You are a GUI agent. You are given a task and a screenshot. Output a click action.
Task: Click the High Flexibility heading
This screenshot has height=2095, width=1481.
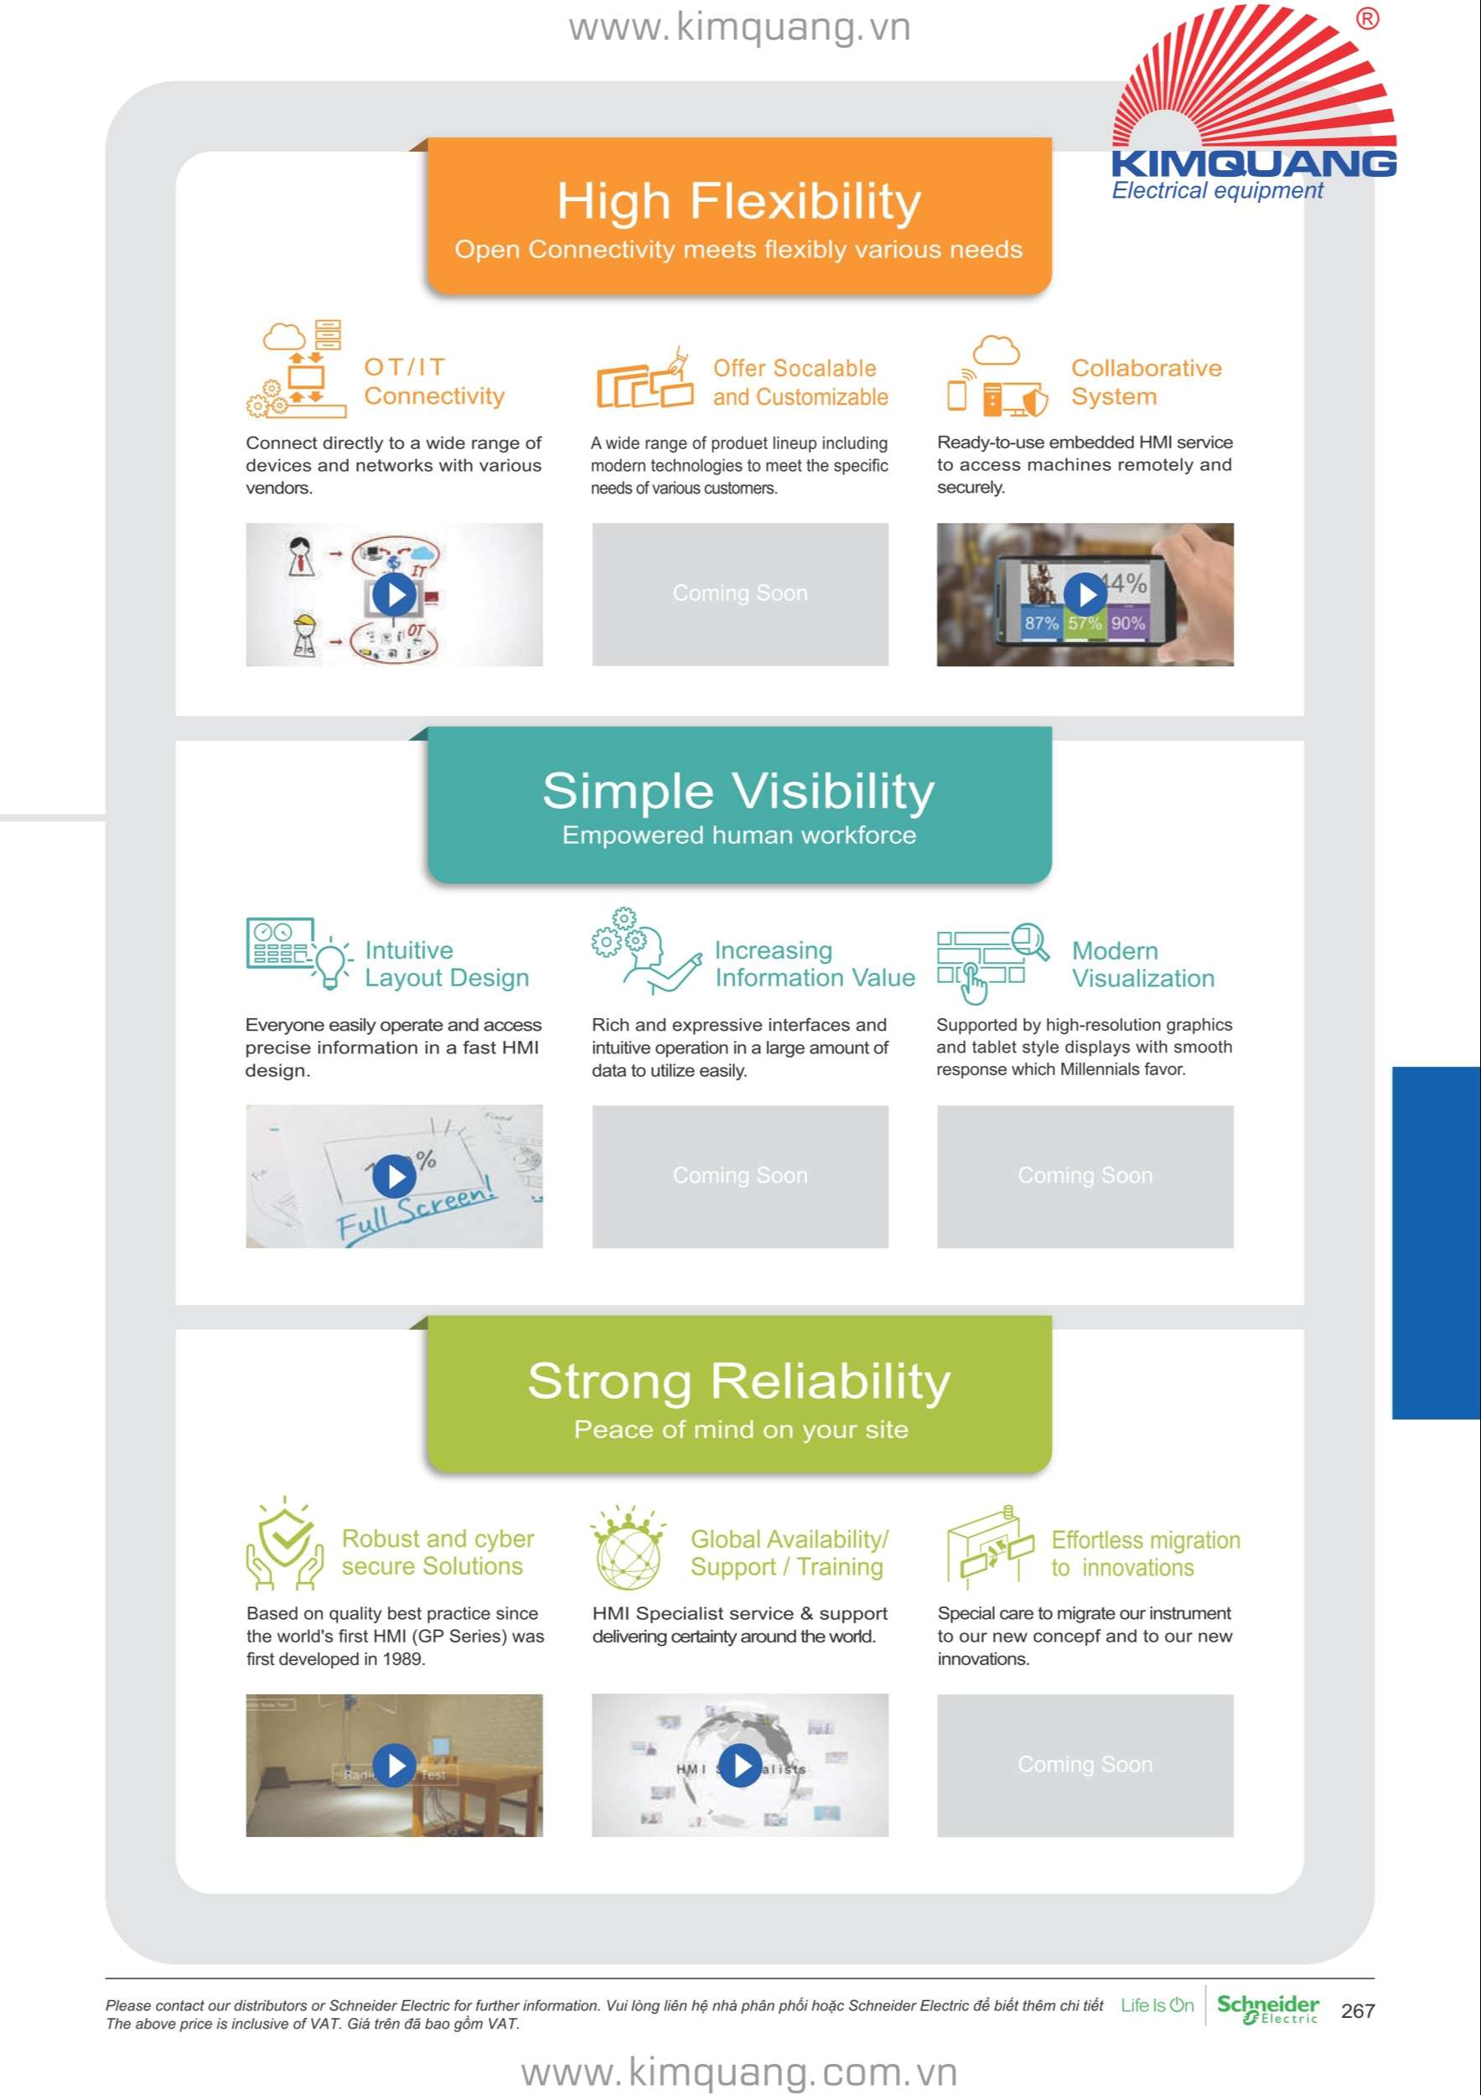739,202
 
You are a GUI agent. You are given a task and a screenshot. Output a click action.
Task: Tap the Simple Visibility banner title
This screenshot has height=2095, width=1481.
739,790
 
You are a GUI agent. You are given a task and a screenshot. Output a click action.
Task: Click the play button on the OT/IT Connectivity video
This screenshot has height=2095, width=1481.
394,595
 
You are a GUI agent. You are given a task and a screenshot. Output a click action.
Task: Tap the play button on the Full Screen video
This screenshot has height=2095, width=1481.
394,1177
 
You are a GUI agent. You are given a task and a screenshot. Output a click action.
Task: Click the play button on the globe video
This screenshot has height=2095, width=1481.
740,1766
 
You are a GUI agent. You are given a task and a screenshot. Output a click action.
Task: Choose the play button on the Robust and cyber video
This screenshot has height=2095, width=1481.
394,1766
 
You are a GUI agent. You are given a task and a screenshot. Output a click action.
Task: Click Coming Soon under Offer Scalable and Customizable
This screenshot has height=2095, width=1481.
740,593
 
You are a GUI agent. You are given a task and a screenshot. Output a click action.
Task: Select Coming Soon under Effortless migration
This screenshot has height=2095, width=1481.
1085,1765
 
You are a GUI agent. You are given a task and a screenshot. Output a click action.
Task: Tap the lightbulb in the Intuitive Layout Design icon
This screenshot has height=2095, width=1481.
331,964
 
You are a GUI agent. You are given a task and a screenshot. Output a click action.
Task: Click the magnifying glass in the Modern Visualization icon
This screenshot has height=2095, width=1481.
1031,941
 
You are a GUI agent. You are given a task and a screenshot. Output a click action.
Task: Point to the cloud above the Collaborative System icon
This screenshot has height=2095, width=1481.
997,350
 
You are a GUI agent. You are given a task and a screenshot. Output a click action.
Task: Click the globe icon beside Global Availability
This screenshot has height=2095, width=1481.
628,1560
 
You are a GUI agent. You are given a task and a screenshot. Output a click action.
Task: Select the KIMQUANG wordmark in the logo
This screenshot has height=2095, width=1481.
1254,164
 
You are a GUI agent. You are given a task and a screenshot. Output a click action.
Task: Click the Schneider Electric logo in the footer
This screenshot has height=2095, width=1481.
1268,2010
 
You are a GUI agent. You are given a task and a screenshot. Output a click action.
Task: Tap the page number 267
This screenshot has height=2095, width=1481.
1358,2011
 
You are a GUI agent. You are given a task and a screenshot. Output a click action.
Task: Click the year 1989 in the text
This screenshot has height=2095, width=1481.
402,1659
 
